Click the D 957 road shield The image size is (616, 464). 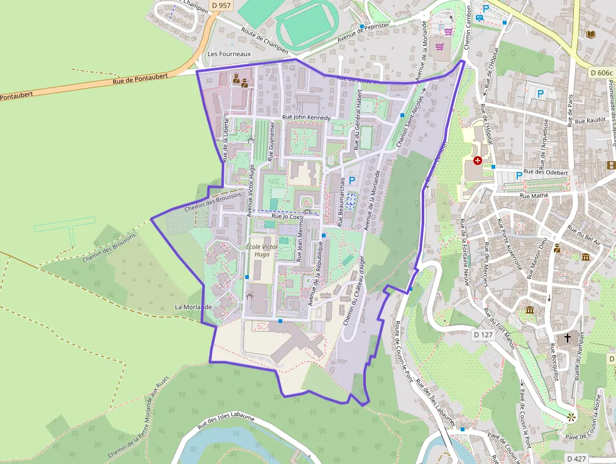221,5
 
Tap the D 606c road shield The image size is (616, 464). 602,73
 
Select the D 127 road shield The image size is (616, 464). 483,335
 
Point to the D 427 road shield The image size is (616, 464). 576,458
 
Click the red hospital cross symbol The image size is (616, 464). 478,161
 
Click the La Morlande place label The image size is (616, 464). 194,307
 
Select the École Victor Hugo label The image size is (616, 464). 261,251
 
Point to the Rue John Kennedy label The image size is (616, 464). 306,117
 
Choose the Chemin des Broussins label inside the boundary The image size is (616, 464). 214,201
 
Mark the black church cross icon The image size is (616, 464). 568,338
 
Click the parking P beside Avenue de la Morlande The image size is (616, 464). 352,181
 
